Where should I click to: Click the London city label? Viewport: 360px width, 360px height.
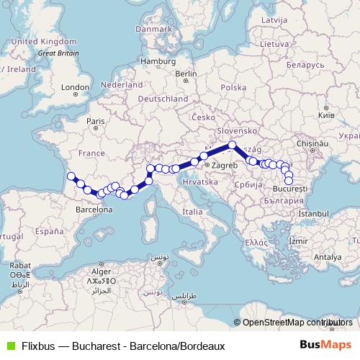coord(75,88)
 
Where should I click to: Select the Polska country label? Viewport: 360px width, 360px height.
coord(234,88)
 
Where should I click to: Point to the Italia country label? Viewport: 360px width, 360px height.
coord(192,212)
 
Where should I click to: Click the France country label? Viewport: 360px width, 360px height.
coord(91,153)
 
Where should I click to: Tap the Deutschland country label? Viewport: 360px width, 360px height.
coord(163,99)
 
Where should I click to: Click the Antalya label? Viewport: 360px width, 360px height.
coord(327,256)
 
